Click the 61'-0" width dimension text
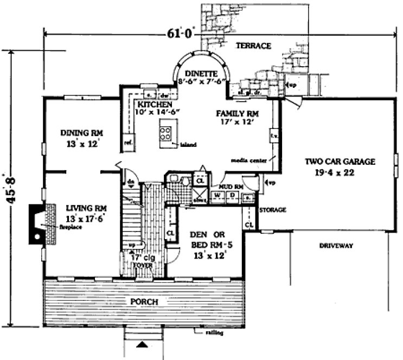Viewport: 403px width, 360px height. (178, 33)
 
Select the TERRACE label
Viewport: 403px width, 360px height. (253, 46)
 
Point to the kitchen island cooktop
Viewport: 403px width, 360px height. (166, 133)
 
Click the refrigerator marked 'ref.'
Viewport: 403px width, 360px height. (129, 142)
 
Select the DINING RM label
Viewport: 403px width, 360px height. (82, 133)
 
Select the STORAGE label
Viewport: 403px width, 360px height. (272, 209)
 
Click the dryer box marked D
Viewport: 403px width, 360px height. (232, 195)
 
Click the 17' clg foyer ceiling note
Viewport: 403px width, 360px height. (144, 258)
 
